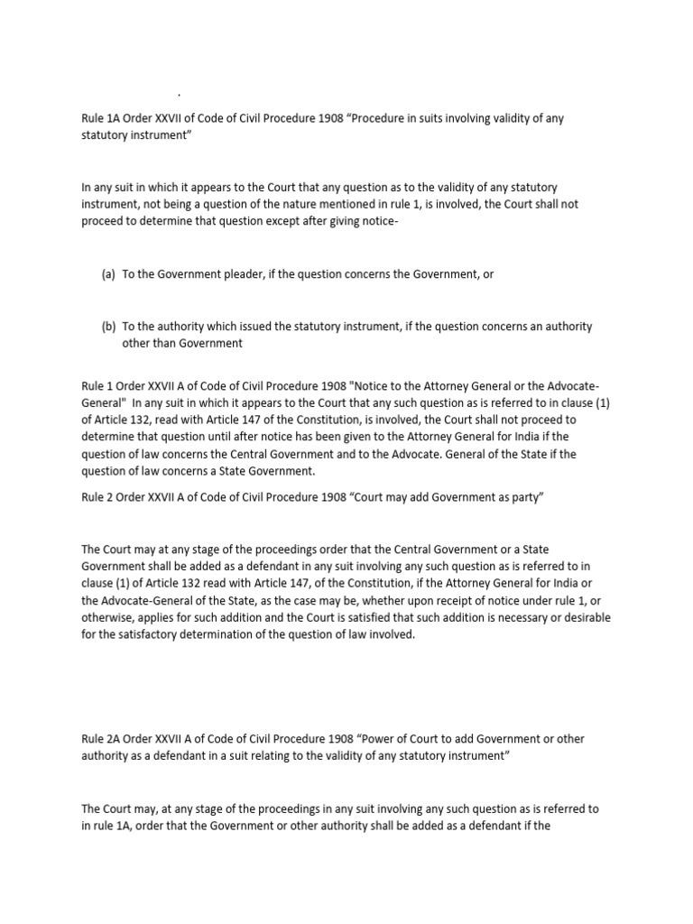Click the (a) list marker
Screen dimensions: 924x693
(108, 274)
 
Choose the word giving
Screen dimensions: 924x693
(381, 221)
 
